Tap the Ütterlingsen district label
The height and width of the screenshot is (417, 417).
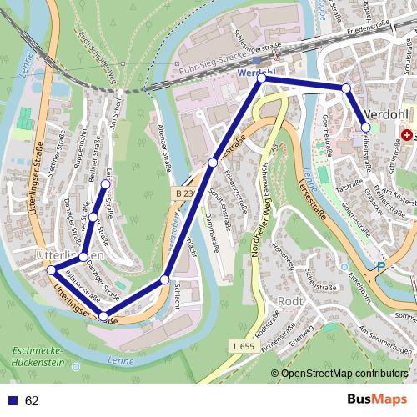click(70, 253)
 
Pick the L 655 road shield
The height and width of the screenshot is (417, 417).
click(244, 345)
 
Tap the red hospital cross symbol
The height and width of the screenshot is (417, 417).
click(407, 134)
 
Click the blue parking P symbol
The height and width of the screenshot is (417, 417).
click(381, 267)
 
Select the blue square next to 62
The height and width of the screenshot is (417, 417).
click(13, 401)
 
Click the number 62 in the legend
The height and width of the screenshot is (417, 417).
click(32, 401)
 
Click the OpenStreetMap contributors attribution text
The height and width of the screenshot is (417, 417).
click(343, 374)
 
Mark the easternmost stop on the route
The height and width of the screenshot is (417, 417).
click(365, 128)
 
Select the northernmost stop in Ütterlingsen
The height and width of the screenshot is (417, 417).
click(105, 183)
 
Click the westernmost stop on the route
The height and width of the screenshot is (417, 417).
click(51, 270)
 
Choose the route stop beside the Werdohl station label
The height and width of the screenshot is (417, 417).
click(262, 78)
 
